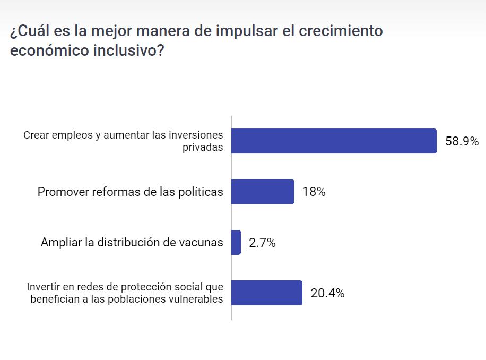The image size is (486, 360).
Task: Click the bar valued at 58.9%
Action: pos(334,141)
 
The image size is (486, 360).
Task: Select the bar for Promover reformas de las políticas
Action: pos(263,192)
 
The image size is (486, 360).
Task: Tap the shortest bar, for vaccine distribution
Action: pos(236,243)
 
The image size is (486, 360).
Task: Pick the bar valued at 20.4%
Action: pos(267,293)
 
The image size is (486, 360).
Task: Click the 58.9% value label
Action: pos(462,142)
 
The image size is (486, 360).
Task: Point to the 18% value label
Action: pos(314,192)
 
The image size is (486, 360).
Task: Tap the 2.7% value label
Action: pos(262,243)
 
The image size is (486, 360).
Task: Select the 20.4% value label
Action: pos(327,293)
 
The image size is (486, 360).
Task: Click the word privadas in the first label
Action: pos(203,148)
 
